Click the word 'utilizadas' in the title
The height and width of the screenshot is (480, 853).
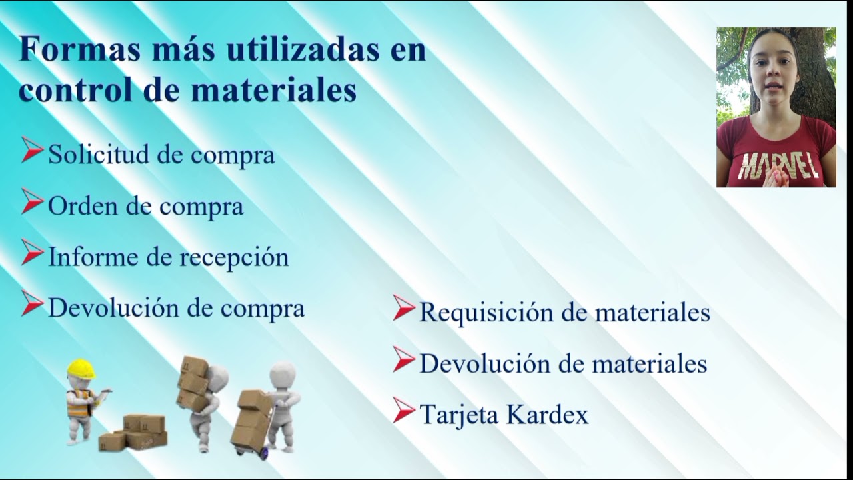[303, 49]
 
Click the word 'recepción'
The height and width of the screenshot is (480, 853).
[234, 258]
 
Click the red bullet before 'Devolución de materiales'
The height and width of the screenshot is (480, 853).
[403, 359]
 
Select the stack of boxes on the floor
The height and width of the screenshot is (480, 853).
[133, 433]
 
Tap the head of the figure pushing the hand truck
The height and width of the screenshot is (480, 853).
[282, 375]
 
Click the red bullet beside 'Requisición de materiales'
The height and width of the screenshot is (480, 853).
[403, 307]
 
